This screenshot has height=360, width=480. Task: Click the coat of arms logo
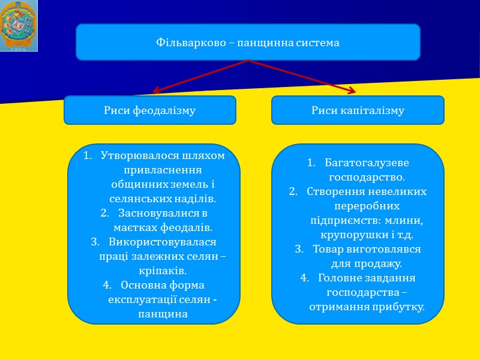tap(19, 26)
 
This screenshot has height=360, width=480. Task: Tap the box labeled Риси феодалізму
tap(150, 110)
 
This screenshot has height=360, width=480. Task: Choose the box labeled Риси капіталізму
tap(358, 110)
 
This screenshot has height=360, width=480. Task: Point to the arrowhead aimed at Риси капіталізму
tap(351, 91)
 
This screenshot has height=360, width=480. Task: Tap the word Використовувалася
tap(163, 241)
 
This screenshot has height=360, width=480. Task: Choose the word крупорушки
tap(350, 235)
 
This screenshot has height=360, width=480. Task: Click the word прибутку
tap(396, 307)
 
